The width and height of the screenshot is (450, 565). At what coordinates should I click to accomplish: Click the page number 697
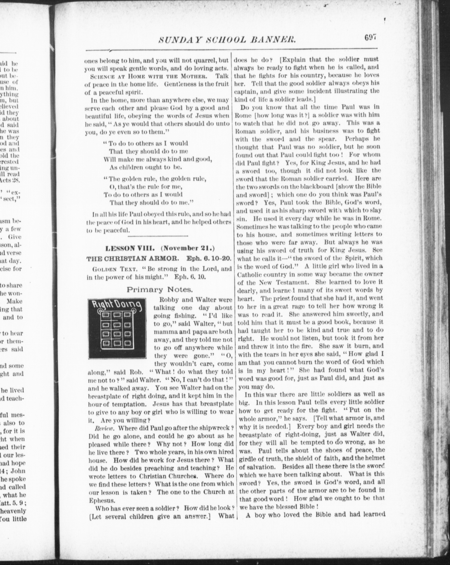(370, 38)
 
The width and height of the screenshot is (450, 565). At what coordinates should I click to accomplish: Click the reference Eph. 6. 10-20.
(209, 258)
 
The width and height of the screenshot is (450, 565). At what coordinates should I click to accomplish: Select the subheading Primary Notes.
(160, 290)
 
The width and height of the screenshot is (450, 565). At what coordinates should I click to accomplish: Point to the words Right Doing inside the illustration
(117, 305)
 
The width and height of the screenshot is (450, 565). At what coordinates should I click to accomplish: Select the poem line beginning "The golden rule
(155, 179)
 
